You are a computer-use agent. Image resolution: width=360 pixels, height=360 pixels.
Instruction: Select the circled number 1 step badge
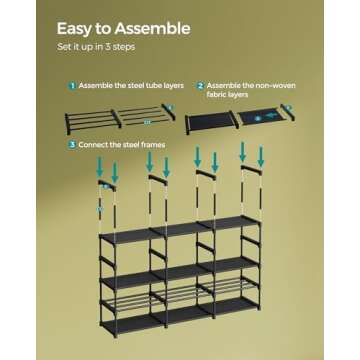point(72,87)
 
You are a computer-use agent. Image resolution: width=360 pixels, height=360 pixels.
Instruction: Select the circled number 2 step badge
point(200,87)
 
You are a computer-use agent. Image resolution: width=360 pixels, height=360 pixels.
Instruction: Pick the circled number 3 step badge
point(72,144)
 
